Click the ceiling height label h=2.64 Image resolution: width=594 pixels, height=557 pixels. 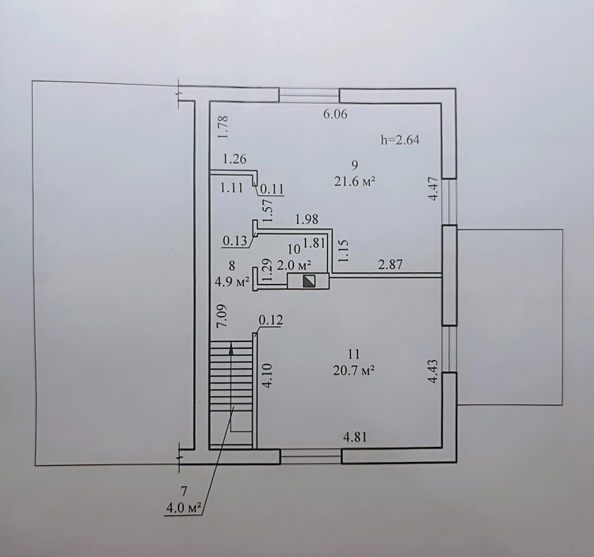point(400,140)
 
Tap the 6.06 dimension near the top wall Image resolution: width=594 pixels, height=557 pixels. point(335,114)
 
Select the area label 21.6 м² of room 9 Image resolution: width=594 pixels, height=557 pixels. point(355,182)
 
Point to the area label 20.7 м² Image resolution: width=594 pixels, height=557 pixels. point(354,372)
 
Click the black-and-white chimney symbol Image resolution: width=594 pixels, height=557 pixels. point(310,281)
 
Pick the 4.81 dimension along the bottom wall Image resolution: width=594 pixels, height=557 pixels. point(355,437)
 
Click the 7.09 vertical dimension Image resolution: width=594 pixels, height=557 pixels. point(223,316)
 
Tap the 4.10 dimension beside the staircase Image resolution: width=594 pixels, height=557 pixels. point(267,375)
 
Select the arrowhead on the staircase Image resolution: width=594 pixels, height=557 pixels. point(231,349)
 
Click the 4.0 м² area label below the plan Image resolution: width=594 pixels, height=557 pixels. point(184,508)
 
